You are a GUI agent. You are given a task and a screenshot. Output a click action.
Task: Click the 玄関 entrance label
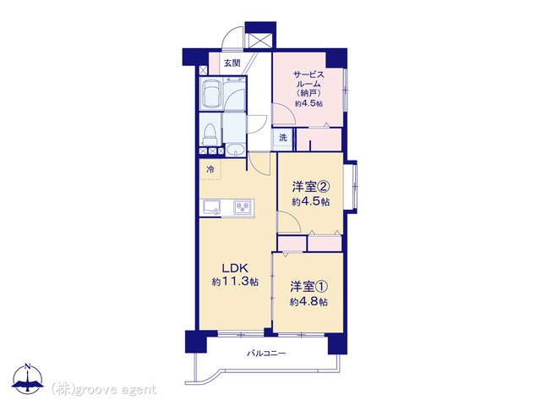232,63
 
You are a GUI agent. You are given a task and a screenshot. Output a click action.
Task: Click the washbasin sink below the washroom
235,150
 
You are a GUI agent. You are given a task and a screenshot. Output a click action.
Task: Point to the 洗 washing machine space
283,138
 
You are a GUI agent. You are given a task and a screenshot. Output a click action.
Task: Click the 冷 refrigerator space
210,169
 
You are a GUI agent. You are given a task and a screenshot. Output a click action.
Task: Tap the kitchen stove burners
243,206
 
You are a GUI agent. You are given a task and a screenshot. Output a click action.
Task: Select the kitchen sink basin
210,207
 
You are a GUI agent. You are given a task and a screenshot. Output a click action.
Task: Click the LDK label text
235,268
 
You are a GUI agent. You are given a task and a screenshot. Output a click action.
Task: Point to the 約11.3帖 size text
235,282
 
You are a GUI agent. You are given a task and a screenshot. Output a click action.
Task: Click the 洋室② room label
311,187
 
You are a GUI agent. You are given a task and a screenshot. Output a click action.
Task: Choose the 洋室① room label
309,287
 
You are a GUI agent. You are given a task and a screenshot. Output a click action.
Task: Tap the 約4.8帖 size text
309,302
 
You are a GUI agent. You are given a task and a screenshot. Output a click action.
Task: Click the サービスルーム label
309,79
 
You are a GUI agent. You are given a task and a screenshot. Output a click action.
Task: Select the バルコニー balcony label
266,354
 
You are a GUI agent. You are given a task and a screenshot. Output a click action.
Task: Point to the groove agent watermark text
104,389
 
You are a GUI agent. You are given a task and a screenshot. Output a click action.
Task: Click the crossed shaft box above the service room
260,41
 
